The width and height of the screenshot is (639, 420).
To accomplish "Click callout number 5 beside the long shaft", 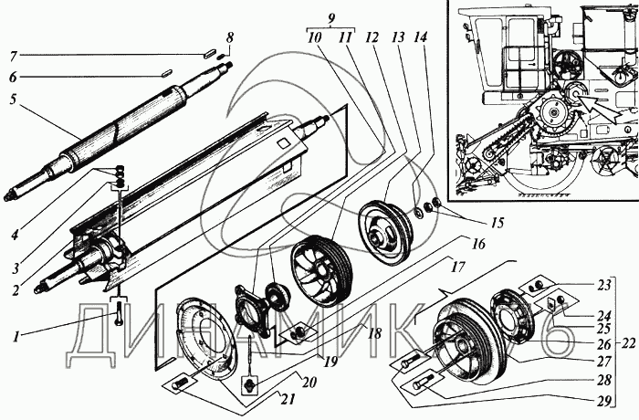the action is pos(13,100).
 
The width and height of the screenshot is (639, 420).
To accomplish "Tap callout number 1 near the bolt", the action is pos(16,337).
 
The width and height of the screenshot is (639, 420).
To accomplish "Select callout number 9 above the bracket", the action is pos(331,19).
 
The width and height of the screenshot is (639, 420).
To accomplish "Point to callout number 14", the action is pos(420,37).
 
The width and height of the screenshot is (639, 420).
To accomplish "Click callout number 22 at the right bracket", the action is pos(629,343).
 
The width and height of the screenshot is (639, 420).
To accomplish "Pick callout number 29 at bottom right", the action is pos(605,402).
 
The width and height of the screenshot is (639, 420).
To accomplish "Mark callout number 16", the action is pos(478,244).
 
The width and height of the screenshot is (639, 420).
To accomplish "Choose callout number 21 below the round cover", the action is pos(288,399).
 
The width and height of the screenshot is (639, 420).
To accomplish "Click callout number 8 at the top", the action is pos(230,38).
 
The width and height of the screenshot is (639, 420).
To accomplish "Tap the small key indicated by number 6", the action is pos(165,73).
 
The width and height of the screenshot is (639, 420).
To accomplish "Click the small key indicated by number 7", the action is pos(209,53).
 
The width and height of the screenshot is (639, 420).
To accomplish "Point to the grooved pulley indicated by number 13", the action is pos(385,231).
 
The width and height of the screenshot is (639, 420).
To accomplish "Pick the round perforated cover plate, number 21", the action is pos(204,338).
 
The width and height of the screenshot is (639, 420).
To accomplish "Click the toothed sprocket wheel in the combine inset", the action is pos(553,111).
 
